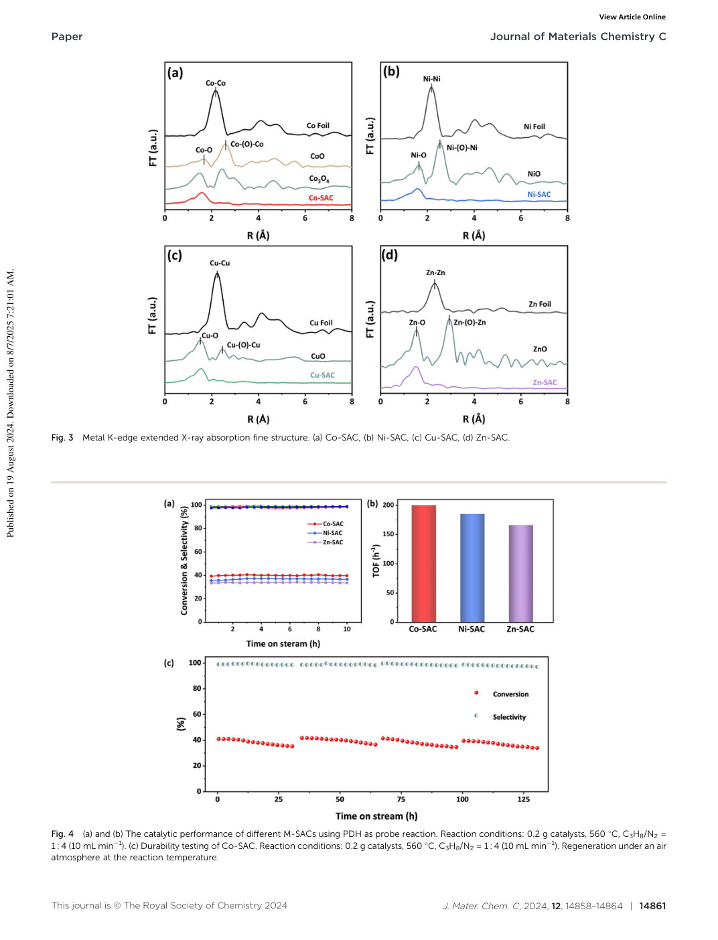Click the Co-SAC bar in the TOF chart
pos(423,563)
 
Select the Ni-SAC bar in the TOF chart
pos(472,568)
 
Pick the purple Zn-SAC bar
pos(520,573)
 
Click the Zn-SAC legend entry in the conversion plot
pos(325,542)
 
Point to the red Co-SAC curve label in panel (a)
pos(321,198)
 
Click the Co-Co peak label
pos(216,83)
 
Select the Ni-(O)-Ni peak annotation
pos(462,148)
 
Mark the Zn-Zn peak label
pos(435,272)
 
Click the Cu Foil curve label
pos(321,323)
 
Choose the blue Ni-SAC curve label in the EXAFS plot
pos(538,194)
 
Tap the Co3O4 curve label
pos(319,179)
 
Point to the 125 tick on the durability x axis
pos(523,799)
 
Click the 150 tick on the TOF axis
pos(388,534)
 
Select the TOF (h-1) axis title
pos(376,561)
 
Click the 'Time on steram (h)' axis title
pos(283,643)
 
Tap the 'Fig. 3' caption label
pos(62,438)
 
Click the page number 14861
pos(652,906)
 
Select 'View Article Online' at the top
pos(632,17)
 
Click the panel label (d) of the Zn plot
pos(389,255)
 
